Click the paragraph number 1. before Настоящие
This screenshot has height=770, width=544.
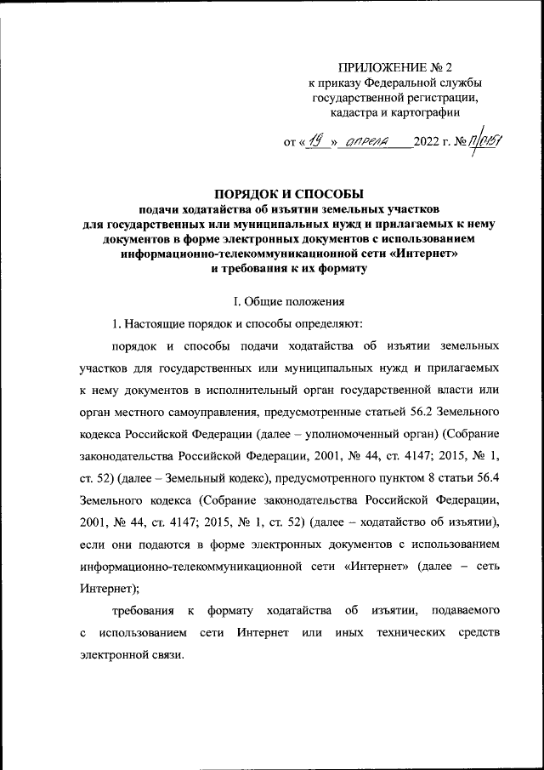tap(118, 323)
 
